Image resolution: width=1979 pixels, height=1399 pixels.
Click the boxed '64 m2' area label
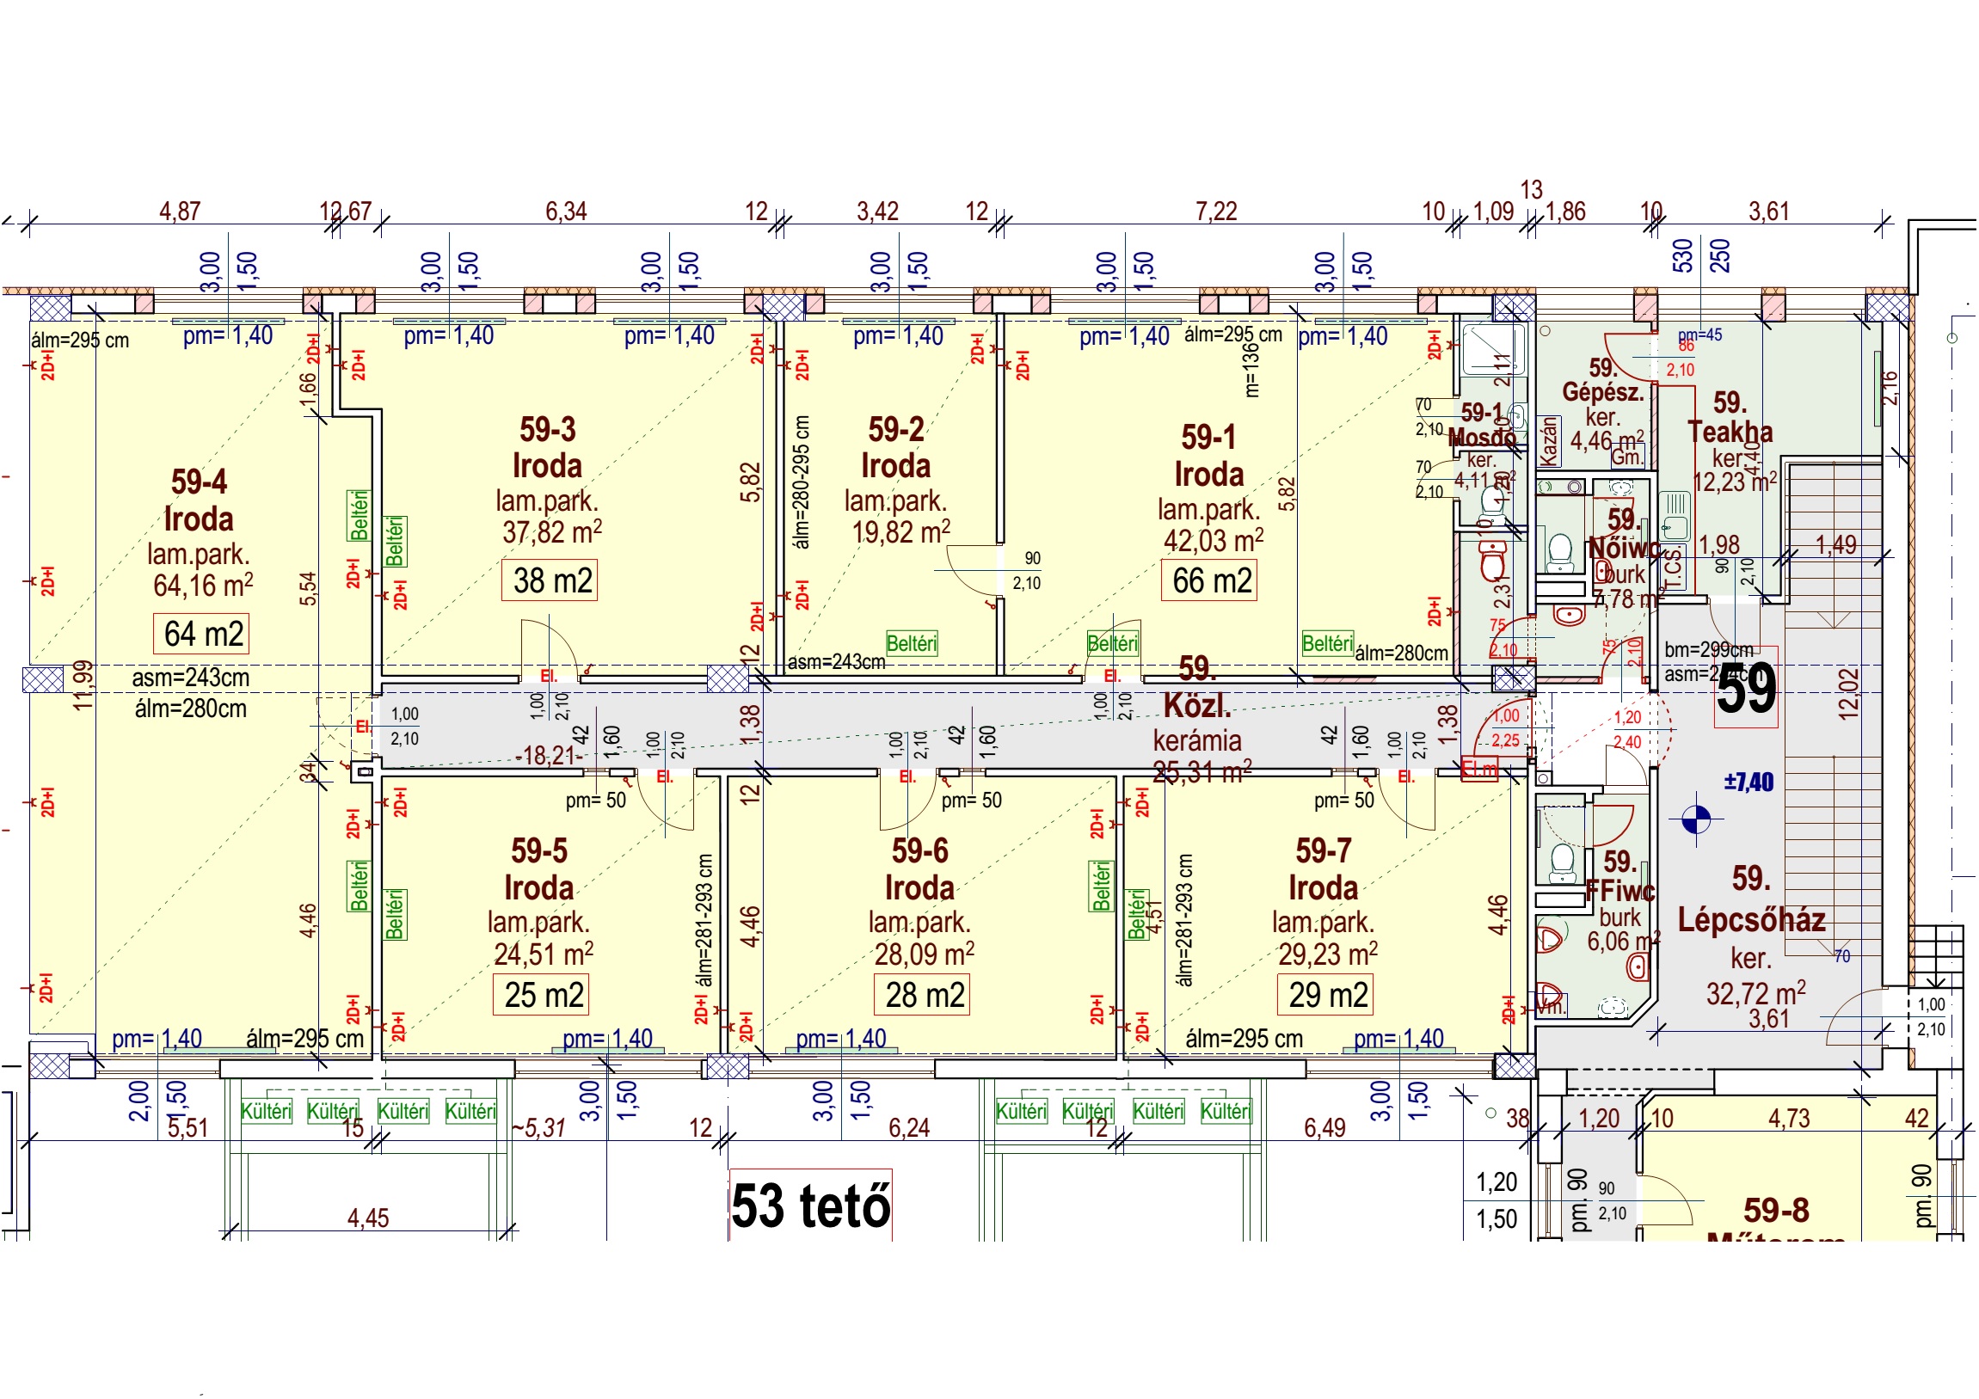click(x=203, y=635)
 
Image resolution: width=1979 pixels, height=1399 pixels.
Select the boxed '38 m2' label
click(x=551, y=582)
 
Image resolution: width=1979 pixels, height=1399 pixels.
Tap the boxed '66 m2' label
click(x=1211, y=582)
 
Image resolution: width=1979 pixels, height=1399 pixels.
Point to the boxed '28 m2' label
click(x=924, y=997)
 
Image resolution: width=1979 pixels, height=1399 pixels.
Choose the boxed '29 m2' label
click(x=1327, y=997)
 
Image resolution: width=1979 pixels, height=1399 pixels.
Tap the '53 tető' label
click(x=810, y=1206)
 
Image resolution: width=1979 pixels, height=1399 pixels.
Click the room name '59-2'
click(x=896, y=430)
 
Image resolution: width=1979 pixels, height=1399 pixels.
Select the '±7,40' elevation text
click(x=1749, y=783)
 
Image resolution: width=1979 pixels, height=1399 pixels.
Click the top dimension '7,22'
click(x=1216, y=212)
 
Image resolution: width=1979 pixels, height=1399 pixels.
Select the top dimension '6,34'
click(x=566, y=212)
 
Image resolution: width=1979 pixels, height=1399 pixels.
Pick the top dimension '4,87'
click(x=180, y=212)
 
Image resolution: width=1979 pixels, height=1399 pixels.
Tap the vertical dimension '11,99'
click(x=83, y=686)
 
